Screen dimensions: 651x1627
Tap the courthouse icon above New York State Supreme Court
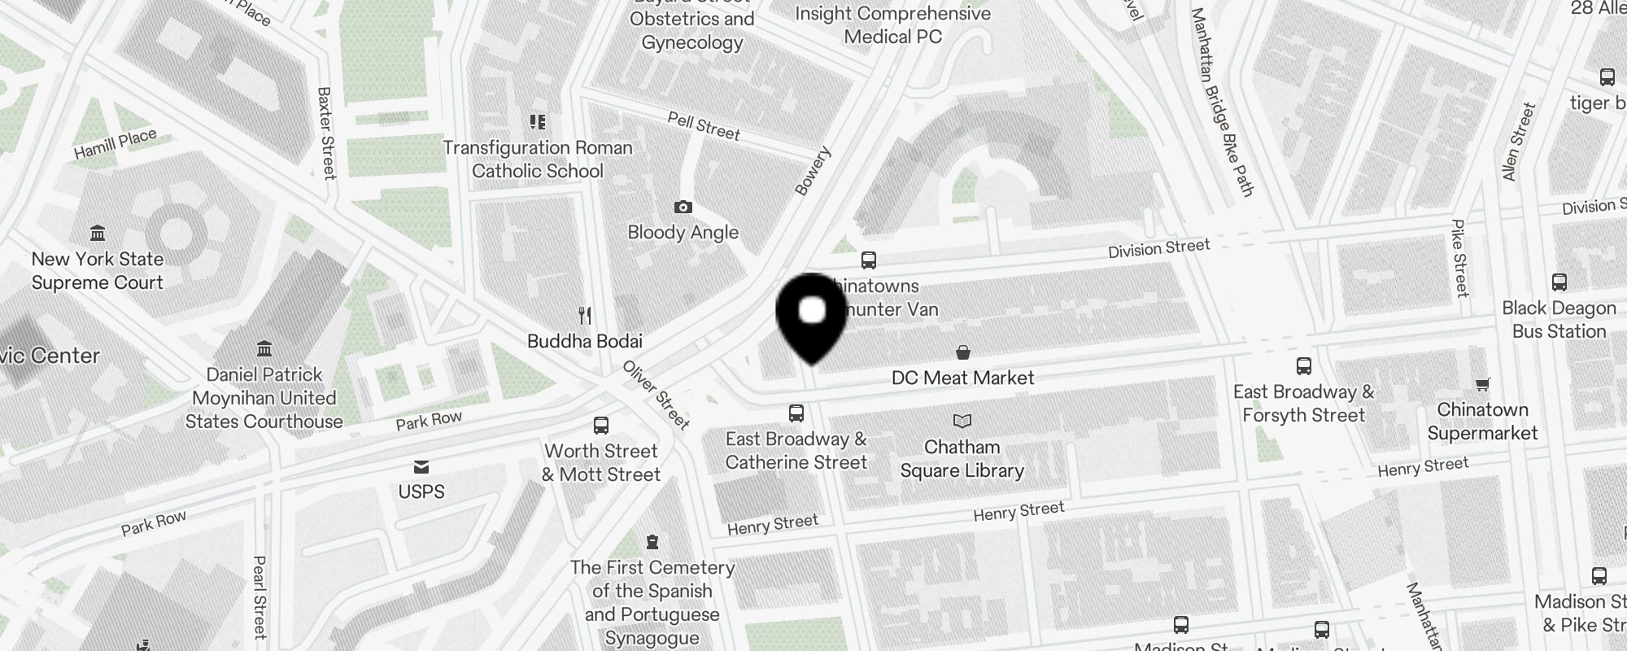click(98, 234)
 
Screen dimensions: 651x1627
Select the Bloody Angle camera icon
click(683, 208)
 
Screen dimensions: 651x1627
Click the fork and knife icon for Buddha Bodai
click(584, 315)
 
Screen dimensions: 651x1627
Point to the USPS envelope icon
click(421, 467)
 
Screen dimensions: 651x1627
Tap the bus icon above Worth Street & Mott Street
click(601, 426)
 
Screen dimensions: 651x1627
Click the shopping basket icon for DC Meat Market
click(962, 352)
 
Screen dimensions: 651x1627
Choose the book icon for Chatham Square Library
click(962, 422)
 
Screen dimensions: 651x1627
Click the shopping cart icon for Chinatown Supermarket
click(1482, 384)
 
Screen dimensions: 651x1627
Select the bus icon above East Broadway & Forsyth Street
click(1304, 365)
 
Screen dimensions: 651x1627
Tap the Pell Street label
click(704, 126)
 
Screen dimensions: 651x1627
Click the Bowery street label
click(813, 171)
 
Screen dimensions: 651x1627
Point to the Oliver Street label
click(656, 395)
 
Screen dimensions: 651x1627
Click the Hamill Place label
click(115, 144)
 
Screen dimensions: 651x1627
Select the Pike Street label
click(1460, 258)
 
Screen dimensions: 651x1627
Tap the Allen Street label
click(1518, 142)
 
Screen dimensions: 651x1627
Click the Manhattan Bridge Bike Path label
click(1222, 102)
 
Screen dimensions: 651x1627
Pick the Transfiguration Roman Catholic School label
click(538, 159)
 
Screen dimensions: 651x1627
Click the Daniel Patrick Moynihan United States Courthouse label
click(264, 398)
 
